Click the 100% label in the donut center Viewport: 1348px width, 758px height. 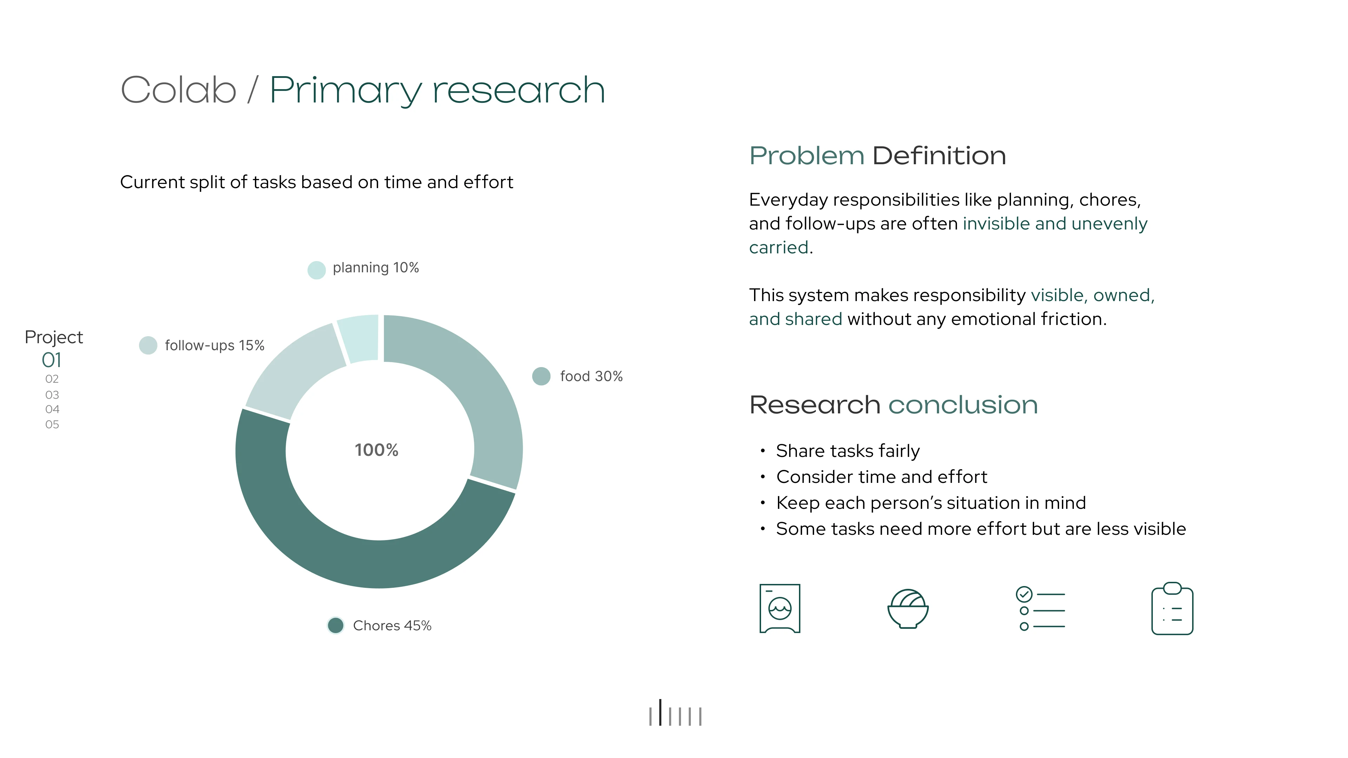376,450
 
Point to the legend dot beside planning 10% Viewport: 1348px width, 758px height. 317,270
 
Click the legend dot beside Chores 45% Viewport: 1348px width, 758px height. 336,625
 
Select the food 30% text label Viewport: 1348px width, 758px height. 591,376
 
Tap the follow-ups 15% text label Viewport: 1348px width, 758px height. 214,346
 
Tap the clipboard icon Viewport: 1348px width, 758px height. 1172,609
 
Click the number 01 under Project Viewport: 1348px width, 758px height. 52,360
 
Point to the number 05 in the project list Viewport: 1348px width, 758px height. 52,425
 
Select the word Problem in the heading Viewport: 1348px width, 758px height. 806,156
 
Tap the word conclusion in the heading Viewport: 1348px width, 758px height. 963,405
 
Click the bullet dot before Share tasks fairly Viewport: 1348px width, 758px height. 763,450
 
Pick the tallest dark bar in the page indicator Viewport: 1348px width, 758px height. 660,712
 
